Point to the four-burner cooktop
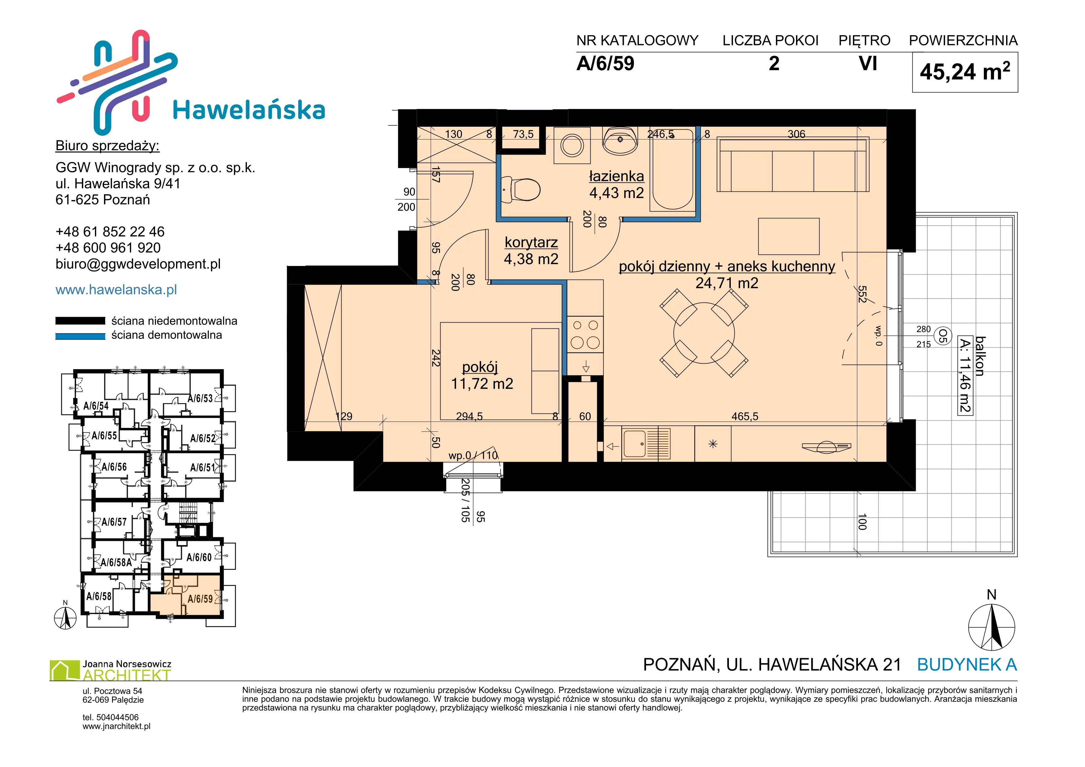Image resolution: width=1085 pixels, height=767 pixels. tap(585, 334)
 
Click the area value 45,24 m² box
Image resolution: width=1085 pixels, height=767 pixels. tap(965, 72)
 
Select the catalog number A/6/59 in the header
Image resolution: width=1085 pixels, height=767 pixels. tap(605, 63)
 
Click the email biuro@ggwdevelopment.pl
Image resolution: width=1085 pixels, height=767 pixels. tap(138, 264)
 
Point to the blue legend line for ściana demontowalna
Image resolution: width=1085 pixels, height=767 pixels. tap(80, 336)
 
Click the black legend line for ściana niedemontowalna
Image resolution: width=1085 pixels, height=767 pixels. tap(80, 321)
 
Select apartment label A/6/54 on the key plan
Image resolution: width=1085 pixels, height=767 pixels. tap(96, 406)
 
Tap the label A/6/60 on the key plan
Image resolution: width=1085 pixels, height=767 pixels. tap(199, 557)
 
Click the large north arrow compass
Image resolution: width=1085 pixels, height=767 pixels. tap(992, 627)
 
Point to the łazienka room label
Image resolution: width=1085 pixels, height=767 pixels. tap(616, 176)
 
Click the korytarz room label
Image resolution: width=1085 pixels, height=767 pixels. tap(531, 242)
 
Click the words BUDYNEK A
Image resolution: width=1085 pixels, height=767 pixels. tap(967, 665)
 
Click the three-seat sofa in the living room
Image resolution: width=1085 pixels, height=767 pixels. tap(793, 164)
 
